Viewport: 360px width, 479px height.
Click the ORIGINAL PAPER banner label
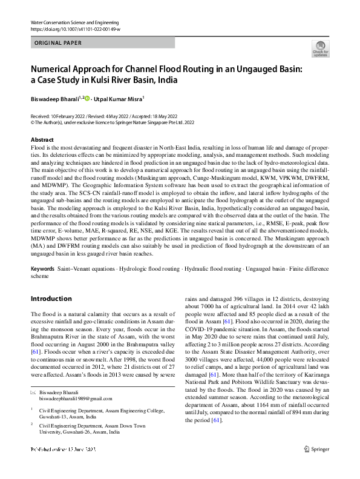59,43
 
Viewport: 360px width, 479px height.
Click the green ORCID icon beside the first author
87,99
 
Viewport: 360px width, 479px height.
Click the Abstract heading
42,140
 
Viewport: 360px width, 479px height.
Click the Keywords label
42,268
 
